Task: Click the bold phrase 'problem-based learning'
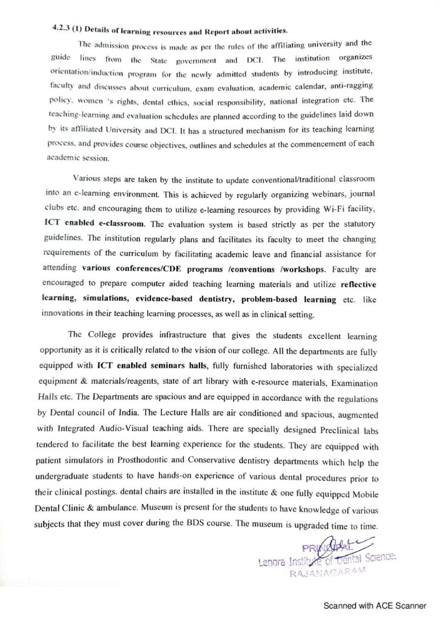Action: (x=288, y=300)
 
